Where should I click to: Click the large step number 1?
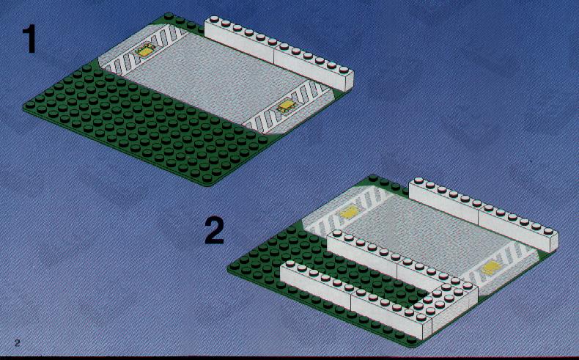click(29, 39)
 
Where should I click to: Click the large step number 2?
click(215, 231)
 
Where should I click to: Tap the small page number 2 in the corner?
click(18, 342)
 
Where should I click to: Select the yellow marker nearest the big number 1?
click(146, 50)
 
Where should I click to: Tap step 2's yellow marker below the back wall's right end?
click(491, 267)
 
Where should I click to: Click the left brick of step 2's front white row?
click(317, 282)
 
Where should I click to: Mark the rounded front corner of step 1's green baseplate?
click(208, 183)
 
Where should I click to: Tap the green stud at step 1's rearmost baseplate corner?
click(169, 16)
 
